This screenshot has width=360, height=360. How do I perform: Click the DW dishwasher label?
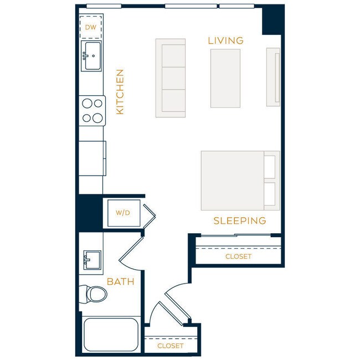(x=91, y=26)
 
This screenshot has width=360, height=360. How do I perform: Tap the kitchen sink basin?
(x=91, y=56)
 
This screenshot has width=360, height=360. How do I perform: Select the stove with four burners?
(x=92, y=110)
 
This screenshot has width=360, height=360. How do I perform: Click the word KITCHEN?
(x=120, y=92)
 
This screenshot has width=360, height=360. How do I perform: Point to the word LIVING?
(x=225, y=40)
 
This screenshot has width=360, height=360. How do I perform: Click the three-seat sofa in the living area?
(x=170, y=78)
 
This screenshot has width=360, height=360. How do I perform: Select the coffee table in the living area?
(x=225, y=78)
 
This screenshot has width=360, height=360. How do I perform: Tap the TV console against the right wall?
(x=273, y=77)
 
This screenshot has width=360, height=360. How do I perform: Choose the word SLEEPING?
(x=240, y=221)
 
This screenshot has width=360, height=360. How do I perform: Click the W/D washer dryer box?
(x=122, y=213)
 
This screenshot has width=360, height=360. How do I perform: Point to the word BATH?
(x=121, y=282)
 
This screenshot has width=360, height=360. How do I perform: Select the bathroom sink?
(x=91, y=259)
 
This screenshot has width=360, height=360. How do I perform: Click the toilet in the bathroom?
(x=93, y=294)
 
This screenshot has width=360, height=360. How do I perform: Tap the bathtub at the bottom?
(x=110, y=334)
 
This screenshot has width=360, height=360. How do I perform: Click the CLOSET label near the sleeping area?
(x=238, y=256)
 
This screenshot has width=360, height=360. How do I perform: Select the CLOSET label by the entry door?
(x=170, y=346)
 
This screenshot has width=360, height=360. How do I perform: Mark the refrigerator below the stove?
(x=92, y=159)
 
